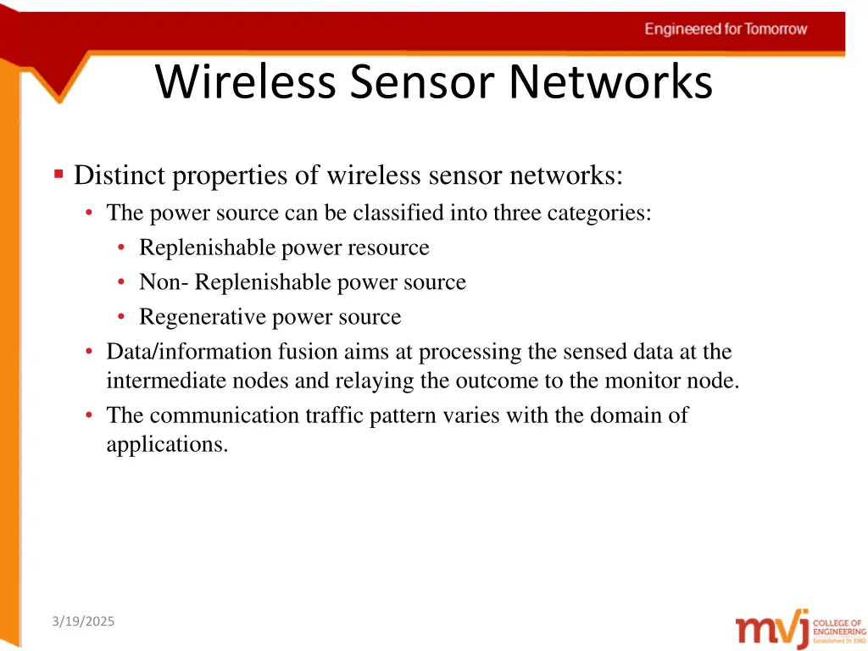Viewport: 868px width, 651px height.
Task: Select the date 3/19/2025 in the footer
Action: tap(82, 621)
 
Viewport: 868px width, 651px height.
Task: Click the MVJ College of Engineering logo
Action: tap(800, 630)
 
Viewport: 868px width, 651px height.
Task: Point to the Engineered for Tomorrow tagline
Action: tap(726, 29)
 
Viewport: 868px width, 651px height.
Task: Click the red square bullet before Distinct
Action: tap(58, 175)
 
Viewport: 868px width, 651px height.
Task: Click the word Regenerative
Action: tap(203, 317)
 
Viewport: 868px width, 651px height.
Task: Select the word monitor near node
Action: tap(643, 381)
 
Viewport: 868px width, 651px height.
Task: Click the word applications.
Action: tap(167, 444)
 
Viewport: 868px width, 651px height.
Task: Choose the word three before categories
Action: tap(518, 213)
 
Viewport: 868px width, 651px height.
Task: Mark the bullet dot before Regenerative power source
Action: tap(123, 317)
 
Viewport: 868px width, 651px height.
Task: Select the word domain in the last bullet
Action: tap(609, 415)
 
